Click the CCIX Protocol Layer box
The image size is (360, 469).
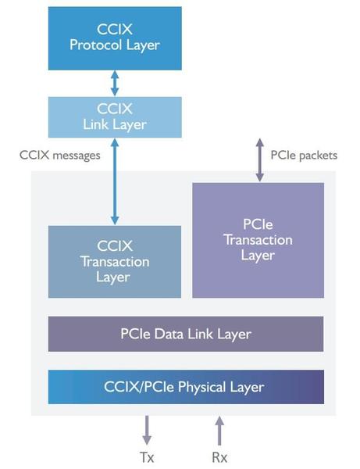115,38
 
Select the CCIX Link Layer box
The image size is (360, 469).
115,117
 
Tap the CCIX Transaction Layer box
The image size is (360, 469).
115,261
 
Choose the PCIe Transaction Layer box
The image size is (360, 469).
258,240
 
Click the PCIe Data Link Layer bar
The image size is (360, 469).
186,334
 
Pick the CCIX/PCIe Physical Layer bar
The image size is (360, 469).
186,387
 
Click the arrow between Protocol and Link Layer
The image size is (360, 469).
115,83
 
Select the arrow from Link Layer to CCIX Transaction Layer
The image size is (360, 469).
115,181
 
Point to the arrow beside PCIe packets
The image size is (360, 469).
260,160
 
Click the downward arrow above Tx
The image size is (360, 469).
147,430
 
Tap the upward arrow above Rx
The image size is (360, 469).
219,431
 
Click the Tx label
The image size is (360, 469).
147,457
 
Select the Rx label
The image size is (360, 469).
219,457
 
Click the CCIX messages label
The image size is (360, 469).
60,156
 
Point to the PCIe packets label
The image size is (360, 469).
304,156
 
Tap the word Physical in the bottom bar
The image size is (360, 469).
202,388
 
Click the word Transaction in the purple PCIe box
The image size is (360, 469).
258,240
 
